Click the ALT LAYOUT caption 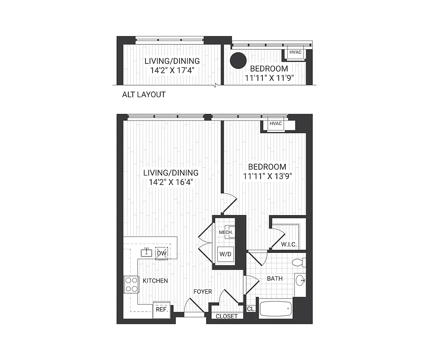tap(144, 94)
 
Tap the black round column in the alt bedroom tap(238, 61)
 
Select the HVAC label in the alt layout tap(295, 52)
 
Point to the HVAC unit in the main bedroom tap(275, 124)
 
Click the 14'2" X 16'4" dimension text tap(171, 182)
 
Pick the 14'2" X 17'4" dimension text tap(172, 70)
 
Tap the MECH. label tap(226, 232)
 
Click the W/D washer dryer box tap(226, 254)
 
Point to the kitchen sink tap(146, 253)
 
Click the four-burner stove tap(131, 284)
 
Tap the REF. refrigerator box tap(162, 310)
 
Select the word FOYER tap(203, 292)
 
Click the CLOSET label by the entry tap(226, 316)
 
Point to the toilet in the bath tap(298, 262)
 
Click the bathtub tap(275, 310)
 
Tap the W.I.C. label tap(288, 244)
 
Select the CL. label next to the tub tap(251, 309)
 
